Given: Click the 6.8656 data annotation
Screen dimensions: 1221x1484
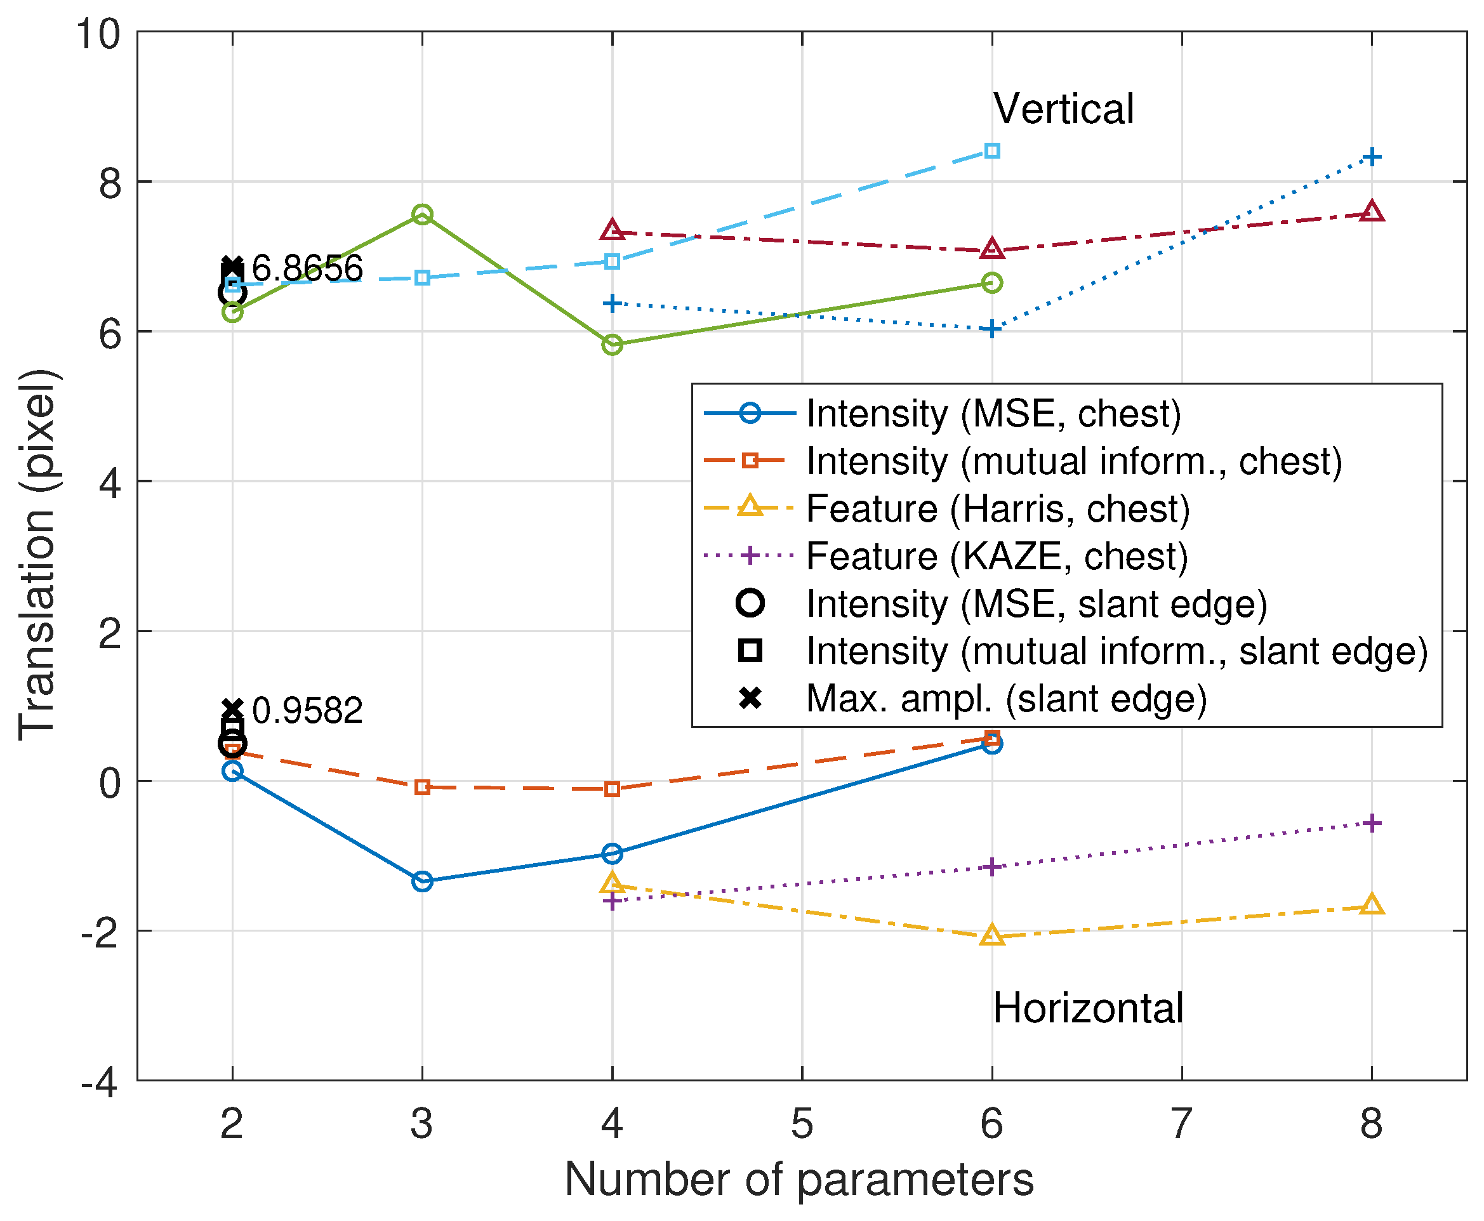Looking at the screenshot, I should (x=307, y=268).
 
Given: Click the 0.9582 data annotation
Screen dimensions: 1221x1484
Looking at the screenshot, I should (x=307, y=710).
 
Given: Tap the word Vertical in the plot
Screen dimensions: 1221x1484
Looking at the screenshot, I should (x=1063, y=109).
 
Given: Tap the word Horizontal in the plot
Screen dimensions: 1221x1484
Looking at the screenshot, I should (x=1088, y=1008).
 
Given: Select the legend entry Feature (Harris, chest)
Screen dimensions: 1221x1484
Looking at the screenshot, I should (x=997, y=508).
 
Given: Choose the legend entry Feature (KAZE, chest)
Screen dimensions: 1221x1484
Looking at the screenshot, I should (x=996, y=557).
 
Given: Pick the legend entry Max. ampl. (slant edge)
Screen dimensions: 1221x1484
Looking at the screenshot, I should (x=1006, y=699).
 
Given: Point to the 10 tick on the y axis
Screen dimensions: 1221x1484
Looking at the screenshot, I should (x=98, y=33).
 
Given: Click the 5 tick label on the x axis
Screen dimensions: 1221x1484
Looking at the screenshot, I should (x=802, y=1124).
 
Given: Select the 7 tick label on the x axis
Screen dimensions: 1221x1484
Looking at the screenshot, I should (x=1182, y=1124).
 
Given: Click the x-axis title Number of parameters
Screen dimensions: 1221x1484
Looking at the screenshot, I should (x=799, y=1180).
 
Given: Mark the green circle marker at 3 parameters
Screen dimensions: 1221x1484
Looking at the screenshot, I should (x=422, y=214).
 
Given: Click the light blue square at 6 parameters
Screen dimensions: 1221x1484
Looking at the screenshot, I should (x=991, y=150).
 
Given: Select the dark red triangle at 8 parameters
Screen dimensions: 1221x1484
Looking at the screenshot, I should (x=1372, y=211).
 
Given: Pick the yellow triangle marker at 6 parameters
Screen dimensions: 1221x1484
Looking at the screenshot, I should (x=991, y=935).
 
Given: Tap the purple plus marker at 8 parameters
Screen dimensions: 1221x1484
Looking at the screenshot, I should (x=1372, y=823).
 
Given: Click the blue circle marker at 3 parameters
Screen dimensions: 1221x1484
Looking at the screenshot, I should (x=422, y=881).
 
